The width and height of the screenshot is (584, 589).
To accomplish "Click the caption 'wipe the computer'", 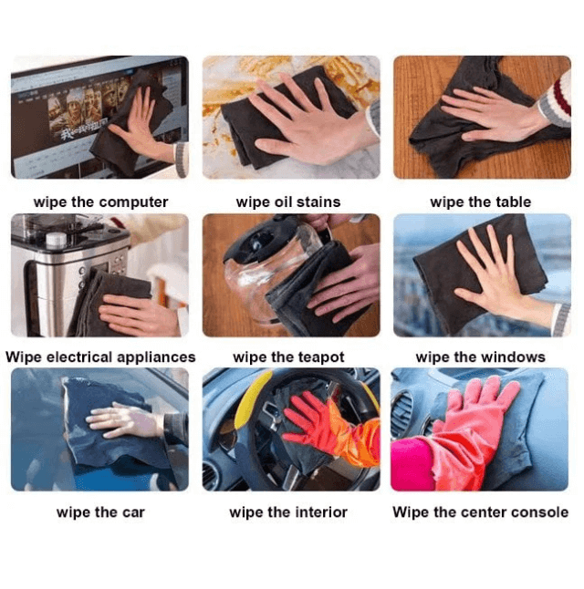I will tap(100, 201).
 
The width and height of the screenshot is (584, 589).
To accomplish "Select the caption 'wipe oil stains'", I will tap(288, 201).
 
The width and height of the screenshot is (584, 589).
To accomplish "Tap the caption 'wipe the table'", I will tap(480, 201).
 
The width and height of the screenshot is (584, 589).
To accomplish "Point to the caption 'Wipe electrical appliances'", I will tap(100, 356).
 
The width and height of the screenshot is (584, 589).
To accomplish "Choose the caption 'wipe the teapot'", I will tap(288, 356).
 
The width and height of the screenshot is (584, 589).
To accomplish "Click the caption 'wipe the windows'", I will tap(480, 356).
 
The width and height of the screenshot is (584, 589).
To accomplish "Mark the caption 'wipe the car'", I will tap(100, 511).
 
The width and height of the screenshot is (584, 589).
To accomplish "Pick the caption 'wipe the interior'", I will tap(288, 511).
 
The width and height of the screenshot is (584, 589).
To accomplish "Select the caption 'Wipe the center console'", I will tap(480, 511).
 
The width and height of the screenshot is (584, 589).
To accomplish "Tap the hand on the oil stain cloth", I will tap(301, 119).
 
